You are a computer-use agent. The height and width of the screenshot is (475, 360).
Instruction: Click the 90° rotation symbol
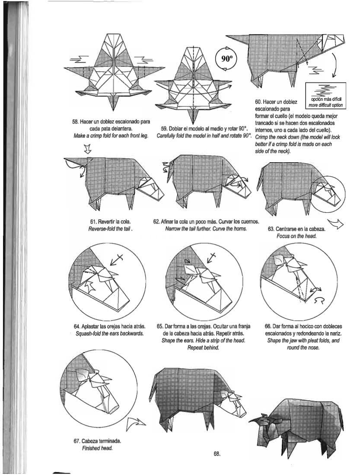pos(226,59)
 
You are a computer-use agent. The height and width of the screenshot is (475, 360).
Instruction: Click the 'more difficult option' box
pos(325,96)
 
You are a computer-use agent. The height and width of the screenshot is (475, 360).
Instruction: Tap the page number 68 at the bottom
pos(217,453)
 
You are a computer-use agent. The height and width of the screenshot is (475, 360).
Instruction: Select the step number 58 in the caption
pos(75,122)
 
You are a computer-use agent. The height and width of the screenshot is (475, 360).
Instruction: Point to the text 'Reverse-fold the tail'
pos(111,228)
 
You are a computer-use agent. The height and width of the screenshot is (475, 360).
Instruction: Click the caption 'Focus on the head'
pos(296,236)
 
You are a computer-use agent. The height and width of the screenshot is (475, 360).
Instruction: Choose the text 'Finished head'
pos(97,448)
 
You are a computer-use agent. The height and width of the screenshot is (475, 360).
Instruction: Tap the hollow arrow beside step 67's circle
pos(136,423)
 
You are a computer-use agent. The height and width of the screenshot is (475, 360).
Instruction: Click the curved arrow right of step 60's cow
pos(335,65)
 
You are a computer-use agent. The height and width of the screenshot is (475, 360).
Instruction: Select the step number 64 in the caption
pos(76,327)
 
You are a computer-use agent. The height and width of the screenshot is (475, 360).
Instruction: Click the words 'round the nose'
pos(303,347)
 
